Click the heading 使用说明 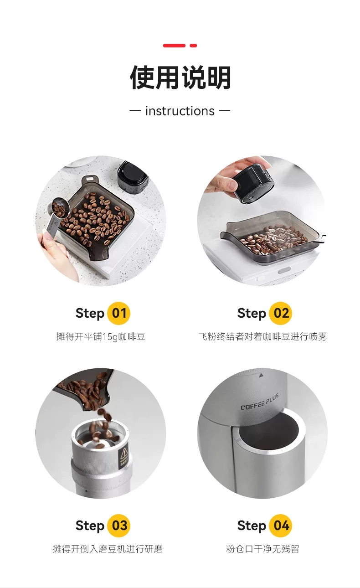(x=180, y=77)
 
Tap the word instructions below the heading (x=180, y=111)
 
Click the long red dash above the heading (x=174, y=46)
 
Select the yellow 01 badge (x=119, y=313)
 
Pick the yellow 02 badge (x=281, y=313)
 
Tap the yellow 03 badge (x=119, y=526)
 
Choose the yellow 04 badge (x=281, y=526)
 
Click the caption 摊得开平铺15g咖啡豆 (x=101, y=336)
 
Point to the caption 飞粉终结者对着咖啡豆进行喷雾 (x=262, y=336)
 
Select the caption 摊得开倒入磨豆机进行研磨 (x=108, y=549)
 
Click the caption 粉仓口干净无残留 (x=262, y=549)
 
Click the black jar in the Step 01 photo (x=132, y=177)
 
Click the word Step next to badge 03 (x=90, y=526)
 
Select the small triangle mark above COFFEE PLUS (x=261, y=376)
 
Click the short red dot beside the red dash (x=193, y=46)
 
